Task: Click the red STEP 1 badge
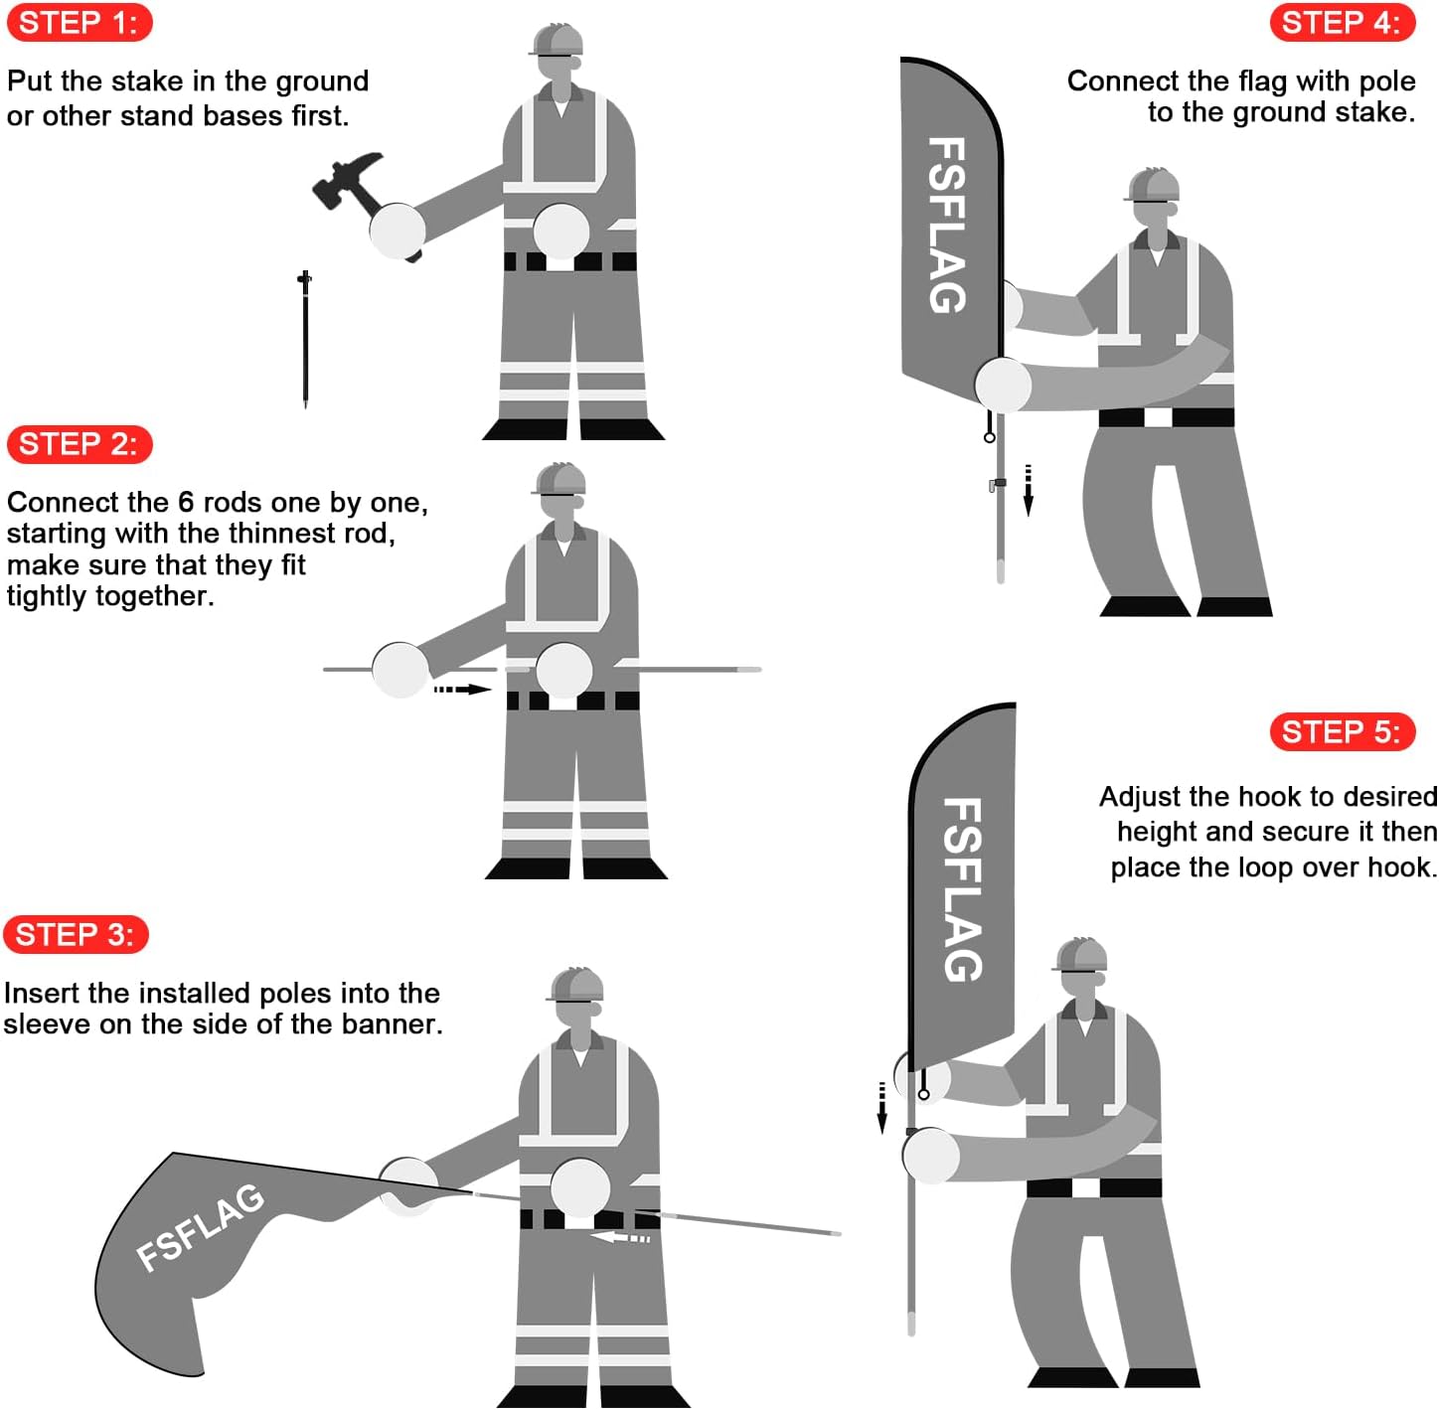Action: [x=80, y=23]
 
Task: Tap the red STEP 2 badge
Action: [x=80, y=443]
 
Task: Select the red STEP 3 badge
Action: [x=77, y=933]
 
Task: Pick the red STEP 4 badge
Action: [x=1342, y=23]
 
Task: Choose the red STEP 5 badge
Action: [x=1342, y=731]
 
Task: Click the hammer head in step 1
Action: [x=346, y=179]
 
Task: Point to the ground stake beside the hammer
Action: [x=305, y=339]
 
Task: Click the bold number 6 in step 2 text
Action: [x=186, y=502]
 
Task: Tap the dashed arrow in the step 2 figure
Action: [x=462, y=689]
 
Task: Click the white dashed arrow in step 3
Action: [x=620, y=1237]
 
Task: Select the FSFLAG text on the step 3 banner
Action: [x=200, y=1228]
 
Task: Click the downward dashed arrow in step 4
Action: [x=1028, y=490]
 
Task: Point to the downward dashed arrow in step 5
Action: [x=881, y=1107]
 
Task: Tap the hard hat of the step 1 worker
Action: [x=558, y=39]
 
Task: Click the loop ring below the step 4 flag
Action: [x=990, y=437]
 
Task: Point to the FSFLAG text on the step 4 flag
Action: [x=947, y=224]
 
